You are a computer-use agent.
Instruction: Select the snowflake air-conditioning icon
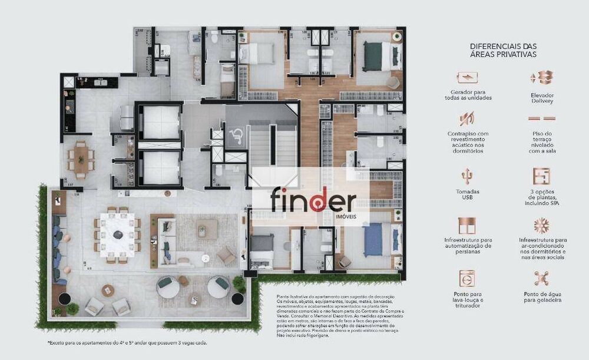point(541,226)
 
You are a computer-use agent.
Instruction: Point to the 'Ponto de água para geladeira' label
point(541,296)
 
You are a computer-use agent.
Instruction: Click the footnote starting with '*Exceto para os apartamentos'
point(127,342)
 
